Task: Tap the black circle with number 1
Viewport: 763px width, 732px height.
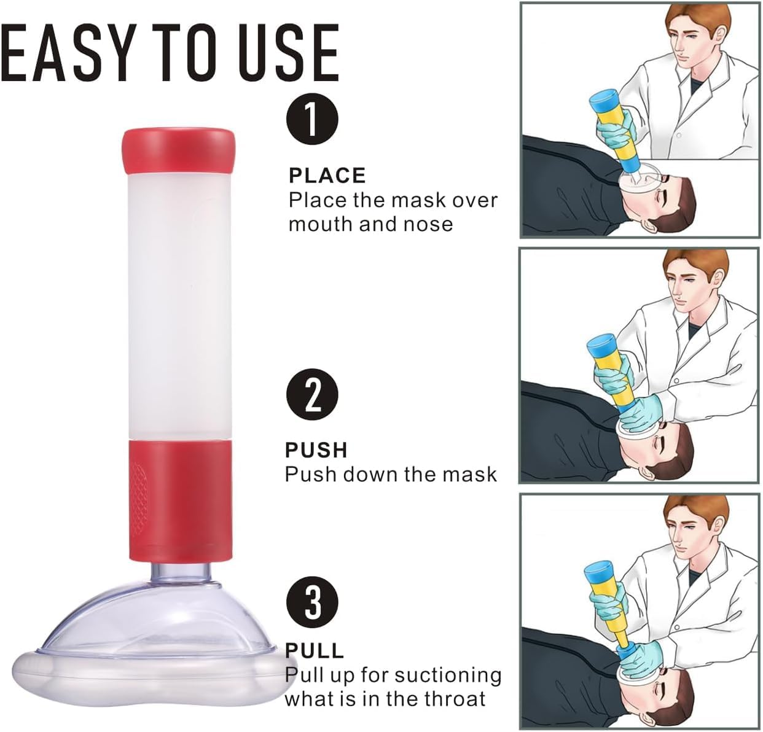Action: [313, 119]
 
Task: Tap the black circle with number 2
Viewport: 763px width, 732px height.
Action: [313, 396]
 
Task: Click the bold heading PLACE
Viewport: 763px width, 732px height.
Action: [327, 176]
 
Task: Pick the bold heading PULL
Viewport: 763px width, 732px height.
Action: [315, 650]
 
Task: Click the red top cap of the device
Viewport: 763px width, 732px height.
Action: [179, 150]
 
